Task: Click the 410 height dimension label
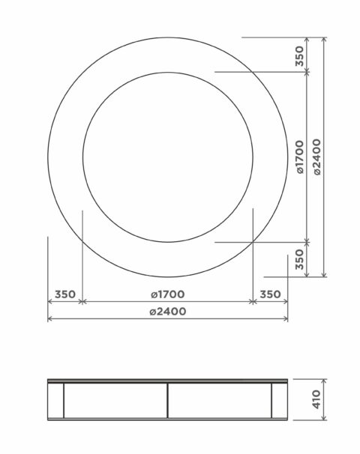[x=316, y=399]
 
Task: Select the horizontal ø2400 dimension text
[x=168, y=312]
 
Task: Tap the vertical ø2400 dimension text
[x=317, y=157]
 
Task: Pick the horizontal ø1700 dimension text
[x=168, y=294]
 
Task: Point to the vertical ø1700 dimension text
[x=300, y=157]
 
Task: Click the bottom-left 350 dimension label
[x=65, y=294]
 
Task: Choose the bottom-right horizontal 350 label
[x=270, y=294]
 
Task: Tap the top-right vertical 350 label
[x=300, y=56]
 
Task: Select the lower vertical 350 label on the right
[x=300, y=259]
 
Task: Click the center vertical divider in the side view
[x=168, y=401]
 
